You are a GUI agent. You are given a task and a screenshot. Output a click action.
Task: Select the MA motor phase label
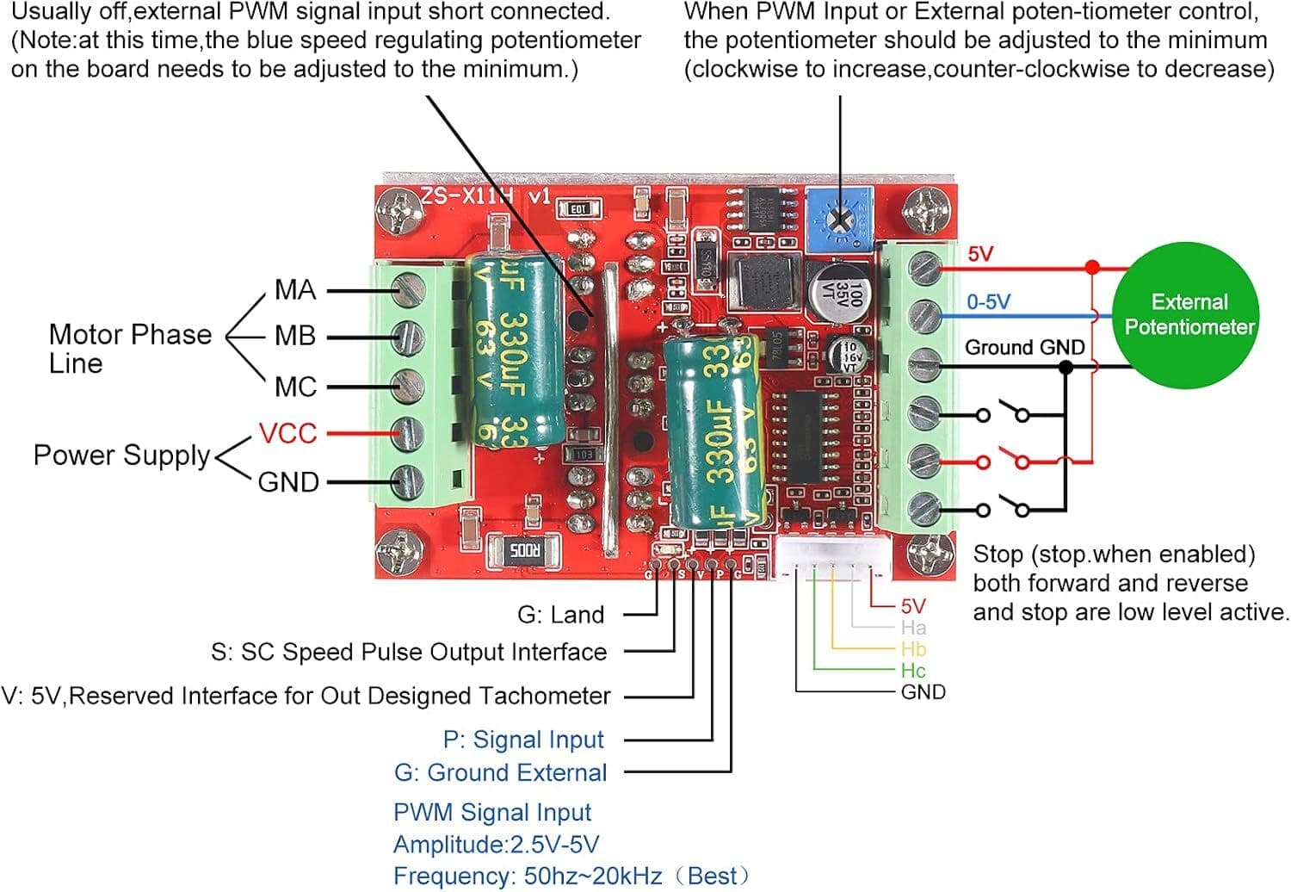pyautogui.click(x=294, y=290)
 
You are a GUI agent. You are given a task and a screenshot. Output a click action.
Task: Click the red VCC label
pyautogui.click(x=287, y=433)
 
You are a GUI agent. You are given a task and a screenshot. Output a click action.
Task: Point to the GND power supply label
pyautogui.click(x=288, y=482)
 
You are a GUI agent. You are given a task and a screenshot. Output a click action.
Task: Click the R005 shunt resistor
pyautogui.click(x=523, y=549)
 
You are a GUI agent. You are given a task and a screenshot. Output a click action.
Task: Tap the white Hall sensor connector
pyautogui.click(x=832, y=557)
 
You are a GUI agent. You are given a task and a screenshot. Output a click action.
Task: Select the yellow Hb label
pyautogui.click(x=913, y=649)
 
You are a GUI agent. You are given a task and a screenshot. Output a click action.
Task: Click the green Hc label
pyautogui.click(x=913, y=671)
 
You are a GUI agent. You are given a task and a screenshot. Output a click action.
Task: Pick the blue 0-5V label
pyautogui.click(x=988, y=301)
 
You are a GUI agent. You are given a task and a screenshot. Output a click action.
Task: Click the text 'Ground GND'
pyautogui.click(x=1024, y=347)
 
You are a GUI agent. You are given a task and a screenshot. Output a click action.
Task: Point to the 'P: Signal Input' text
pyautogui.click(x=523, y=740)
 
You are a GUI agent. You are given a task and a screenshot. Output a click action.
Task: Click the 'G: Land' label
pyautogui.click(x=560, y=615)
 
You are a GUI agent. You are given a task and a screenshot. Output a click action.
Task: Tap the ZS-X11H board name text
pyautogui.click(x=484, y=196)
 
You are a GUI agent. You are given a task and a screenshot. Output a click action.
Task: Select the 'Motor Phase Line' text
pyautogui.click(x=129, y=348)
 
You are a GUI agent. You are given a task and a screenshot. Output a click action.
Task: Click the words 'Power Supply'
pyautogui.click(x=121, y=455)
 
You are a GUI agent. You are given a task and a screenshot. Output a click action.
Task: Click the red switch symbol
pyautogui.click(x=1003, y=461)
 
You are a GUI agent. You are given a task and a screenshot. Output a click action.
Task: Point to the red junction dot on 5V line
pyautogui.click(x=1092, y=268)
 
